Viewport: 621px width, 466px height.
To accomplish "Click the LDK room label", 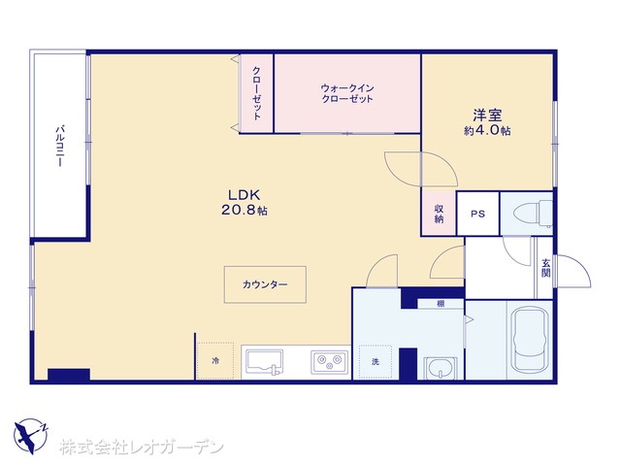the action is point(244,195).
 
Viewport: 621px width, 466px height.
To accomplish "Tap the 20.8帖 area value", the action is point(244,210).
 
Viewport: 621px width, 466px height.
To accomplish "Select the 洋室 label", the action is point(487,116).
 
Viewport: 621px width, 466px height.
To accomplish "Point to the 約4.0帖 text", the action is point(487,131).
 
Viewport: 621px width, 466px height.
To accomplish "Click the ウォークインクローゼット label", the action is point(347,93).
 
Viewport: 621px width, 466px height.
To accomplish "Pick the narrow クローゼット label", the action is point(256,93).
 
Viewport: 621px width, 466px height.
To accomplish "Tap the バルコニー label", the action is point(60,146).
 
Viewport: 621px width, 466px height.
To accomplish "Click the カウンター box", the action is point(265,284).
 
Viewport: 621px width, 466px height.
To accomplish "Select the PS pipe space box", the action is point(478,214).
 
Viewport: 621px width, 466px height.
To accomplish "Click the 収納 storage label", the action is point(439,214).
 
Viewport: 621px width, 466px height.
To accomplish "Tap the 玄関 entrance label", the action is point(546,268).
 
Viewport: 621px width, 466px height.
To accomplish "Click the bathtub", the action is point(530,339).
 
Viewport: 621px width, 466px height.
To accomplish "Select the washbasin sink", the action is point(440,368).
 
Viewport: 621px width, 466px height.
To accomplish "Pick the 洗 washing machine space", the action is point(376,361).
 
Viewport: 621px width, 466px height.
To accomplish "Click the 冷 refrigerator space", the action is point(215,360).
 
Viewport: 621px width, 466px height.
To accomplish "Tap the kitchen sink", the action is point(264,362).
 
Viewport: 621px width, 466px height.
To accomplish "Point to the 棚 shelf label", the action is point(441,304).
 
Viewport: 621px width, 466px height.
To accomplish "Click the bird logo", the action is point(30,436).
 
